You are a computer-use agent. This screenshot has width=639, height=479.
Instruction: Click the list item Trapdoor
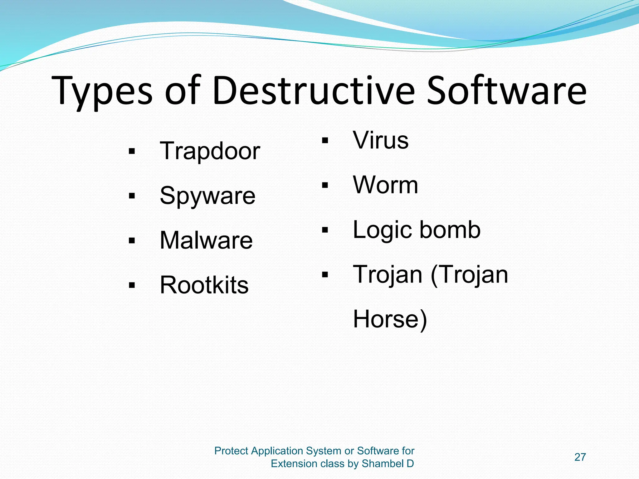[210, 151]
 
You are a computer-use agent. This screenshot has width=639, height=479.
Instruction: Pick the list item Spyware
[207, 196]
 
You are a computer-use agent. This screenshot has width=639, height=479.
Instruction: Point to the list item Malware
[206, 240]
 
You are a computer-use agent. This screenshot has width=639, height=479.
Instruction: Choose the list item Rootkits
[204, 285]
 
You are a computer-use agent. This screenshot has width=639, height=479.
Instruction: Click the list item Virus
[381, 140]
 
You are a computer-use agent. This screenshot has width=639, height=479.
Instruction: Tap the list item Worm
[385, 185]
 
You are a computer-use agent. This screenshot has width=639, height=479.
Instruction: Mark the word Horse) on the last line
[390, 319]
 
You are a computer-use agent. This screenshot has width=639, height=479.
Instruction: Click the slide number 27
[580, 457]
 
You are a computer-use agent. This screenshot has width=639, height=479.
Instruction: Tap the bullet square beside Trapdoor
[132, 152]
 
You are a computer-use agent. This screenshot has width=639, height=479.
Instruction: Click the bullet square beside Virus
[325, 141]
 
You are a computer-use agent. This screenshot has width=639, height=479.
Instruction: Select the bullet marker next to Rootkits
[132, 285]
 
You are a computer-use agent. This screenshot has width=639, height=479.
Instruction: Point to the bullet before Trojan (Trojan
[325, 275]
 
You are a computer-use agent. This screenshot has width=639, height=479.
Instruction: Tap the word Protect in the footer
[231, 451]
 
